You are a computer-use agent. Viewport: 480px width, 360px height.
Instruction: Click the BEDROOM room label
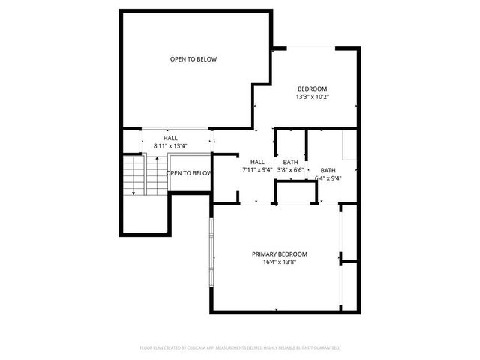point(313,88)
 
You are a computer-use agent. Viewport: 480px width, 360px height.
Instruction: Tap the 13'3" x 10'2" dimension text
point(313,97)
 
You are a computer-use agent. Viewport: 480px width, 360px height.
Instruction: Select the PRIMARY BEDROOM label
point(279,254)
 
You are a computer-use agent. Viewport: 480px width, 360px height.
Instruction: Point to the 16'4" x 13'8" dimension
point(279,262)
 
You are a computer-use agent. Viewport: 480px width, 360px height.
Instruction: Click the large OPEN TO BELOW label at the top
point(193,59)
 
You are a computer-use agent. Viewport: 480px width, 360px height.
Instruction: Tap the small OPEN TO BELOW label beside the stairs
point(188,173)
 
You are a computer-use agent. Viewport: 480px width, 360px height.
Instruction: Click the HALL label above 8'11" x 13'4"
point(170,138)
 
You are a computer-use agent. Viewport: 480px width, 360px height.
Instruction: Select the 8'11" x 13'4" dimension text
point(170,145)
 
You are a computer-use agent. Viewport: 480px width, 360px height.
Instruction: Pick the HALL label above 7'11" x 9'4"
point(257,162)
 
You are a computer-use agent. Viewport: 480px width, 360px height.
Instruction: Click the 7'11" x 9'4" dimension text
point(257,170)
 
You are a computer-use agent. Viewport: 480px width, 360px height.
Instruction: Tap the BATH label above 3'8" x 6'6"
point(290,162)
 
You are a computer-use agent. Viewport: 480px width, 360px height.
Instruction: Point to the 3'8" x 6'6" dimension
point(290,170)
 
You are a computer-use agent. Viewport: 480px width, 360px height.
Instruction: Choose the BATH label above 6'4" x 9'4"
point(328,170)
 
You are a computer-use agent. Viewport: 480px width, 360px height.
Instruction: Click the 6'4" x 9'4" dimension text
point(330,178)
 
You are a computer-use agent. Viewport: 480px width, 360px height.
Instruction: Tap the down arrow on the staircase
point(133,191)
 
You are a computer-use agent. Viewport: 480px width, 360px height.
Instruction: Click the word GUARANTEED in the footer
point(326,348)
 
